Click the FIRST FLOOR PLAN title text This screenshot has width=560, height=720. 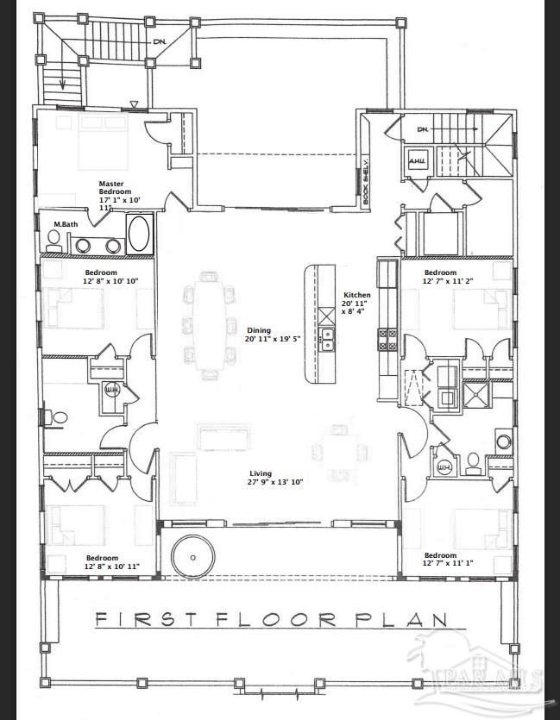pyautogui.click(x=271, y=619)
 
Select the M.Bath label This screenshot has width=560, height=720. pyautogui.click(x=62, y=224)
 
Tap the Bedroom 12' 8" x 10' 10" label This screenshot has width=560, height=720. pyautogui.click(x=110, y=277)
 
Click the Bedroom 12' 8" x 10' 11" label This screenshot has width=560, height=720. pyautogui.click(x=110, y=562)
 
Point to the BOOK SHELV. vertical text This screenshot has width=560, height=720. pyautogui.click(x=366, y=182)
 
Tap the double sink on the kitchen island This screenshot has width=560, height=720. pyautogui.click(x=327, y=338)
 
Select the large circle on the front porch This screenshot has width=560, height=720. pyautogui.click(x=192, y=558)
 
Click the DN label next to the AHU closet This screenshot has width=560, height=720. pyautogui.click(x=422, y=130)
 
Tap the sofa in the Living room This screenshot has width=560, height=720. pyautogui.click(x=224, y=436)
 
